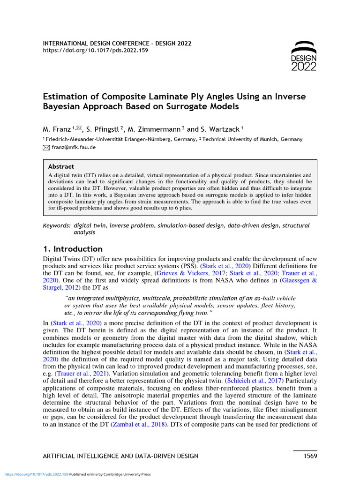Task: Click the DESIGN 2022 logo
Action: [x=304, y=56]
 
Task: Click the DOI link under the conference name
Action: [x=95, y=50]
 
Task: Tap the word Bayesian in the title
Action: [x=63, y=107]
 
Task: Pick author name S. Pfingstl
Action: [x=102, y=128]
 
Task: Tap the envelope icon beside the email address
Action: [x=46, y=147]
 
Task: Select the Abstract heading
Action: [x=61, y=166]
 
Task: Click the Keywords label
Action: [x=57, y=225]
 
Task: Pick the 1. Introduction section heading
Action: [x=73, y=249]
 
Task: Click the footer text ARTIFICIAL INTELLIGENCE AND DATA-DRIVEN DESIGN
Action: [x=120, y=456]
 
